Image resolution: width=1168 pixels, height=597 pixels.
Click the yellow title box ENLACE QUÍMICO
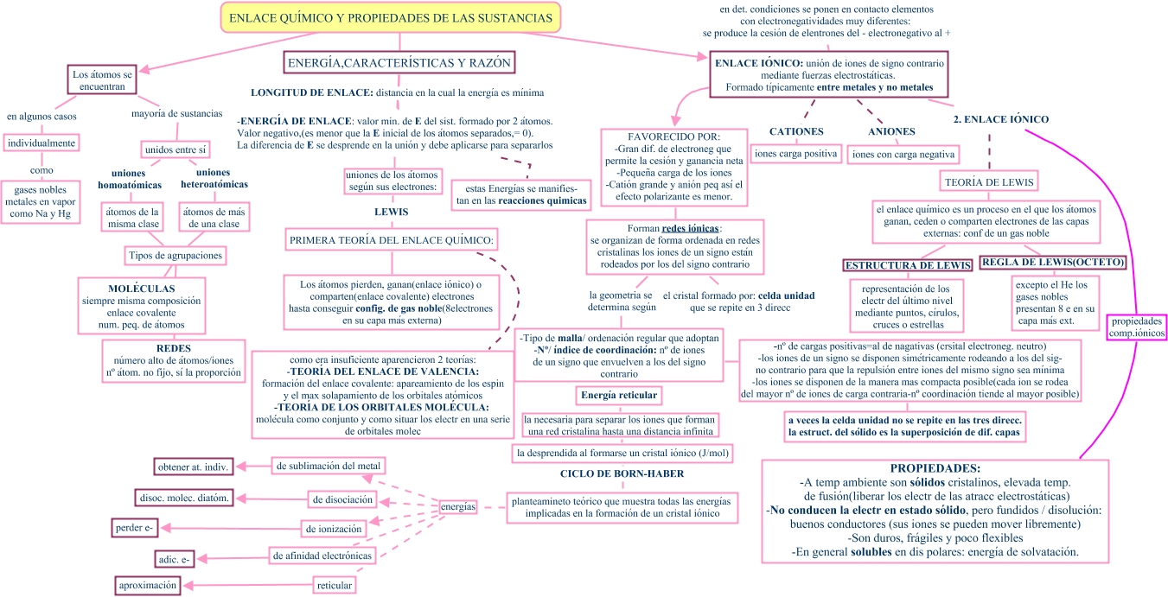pos(391,17)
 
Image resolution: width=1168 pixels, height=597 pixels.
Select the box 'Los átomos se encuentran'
pos(102,80)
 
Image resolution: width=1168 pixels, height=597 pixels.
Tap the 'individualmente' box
pos(41,143)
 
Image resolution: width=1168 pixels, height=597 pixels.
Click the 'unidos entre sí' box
pos(176,150)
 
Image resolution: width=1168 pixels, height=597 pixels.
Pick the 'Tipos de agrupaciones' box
pos(176,256)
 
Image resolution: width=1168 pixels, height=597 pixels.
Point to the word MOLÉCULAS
pos(142,288)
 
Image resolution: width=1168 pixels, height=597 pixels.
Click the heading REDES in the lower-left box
pos(173,347)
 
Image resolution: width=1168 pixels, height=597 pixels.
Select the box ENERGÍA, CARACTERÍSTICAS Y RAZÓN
pos(399,63)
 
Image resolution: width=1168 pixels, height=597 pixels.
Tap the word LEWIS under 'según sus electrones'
pos(391,212)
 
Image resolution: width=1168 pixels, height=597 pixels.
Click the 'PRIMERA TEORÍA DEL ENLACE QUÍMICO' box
pos(392,239)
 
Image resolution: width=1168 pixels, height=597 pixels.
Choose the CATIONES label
pos(796,131)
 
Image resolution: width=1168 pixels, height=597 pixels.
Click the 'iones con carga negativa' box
pos(903,155)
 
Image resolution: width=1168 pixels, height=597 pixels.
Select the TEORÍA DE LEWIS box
pos(988,181)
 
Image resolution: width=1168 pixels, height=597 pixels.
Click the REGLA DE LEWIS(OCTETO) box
pos(1054,262)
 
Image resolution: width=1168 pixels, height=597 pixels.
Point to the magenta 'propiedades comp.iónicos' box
pos(1137,326)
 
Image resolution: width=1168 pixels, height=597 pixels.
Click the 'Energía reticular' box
pos(618,396)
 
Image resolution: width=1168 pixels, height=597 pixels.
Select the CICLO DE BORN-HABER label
pos(622,473)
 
